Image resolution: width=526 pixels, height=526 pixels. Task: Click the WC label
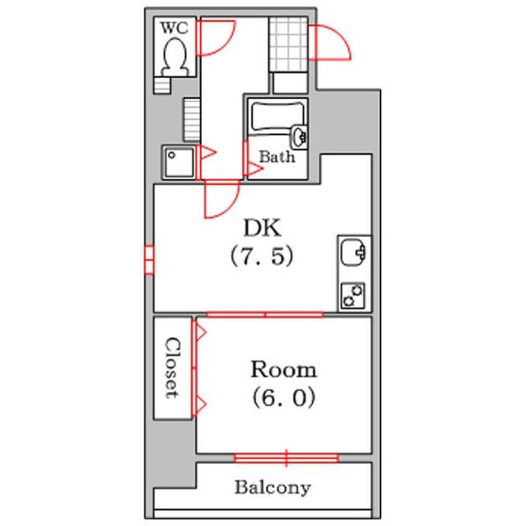pyautogui.click(x=174, y=28)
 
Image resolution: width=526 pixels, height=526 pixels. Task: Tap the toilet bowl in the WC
pyautogui.click(x=174, y=56)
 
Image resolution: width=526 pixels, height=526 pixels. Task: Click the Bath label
pyautogui.click(x=277, y=157)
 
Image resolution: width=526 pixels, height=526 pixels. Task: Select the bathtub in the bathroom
pyautogui.click(x=278, y=117)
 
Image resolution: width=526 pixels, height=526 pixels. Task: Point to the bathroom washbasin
pyautogui.click(x=299, y=137)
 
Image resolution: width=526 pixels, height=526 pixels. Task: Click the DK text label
pyautogui.click(x=262, y=228)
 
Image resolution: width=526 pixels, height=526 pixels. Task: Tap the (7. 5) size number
pyautogui.click(x=261, y=256)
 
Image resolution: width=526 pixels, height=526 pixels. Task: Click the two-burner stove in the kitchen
pyautogui.click(x=353, y=295)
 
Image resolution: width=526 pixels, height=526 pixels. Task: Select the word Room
pyautogui.click(x=284, y=370)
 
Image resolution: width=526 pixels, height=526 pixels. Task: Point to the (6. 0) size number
pyautogui.click(x=284, y=397)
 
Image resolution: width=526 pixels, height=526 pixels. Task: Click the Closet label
pyautogui.click(x=173, y=367)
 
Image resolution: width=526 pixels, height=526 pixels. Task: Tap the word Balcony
pyautogui.click(x=273, y=487)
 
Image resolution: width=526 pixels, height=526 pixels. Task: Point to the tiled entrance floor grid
pyautogui.click(x=288, y=44)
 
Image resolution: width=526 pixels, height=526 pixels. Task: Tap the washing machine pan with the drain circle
pyautogui.click(x=179, y=163)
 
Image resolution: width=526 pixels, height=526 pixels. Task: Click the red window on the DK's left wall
pyautogui.click(x=149, y=259)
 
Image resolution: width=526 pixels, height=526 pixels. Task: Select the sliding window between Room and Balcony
pyautogui.click(x=286, y=458)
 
